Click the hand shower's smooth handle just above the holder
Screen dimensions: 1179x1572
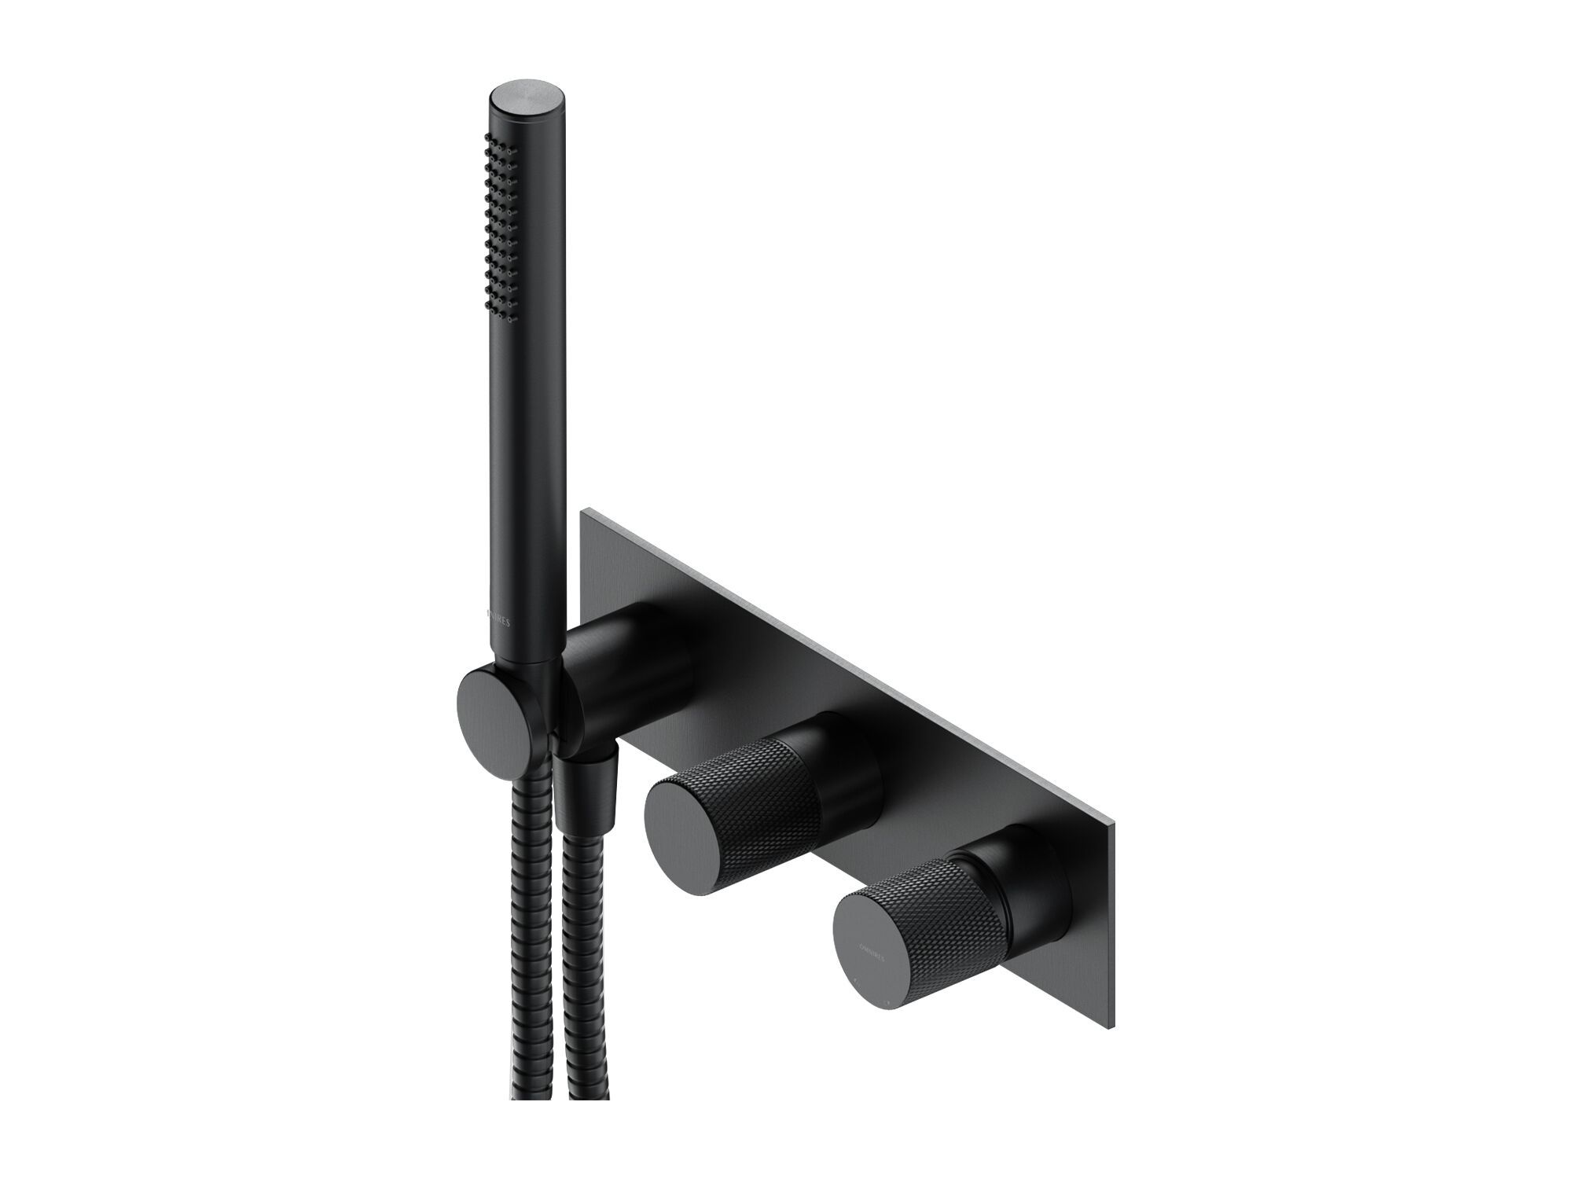(519, 645)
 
